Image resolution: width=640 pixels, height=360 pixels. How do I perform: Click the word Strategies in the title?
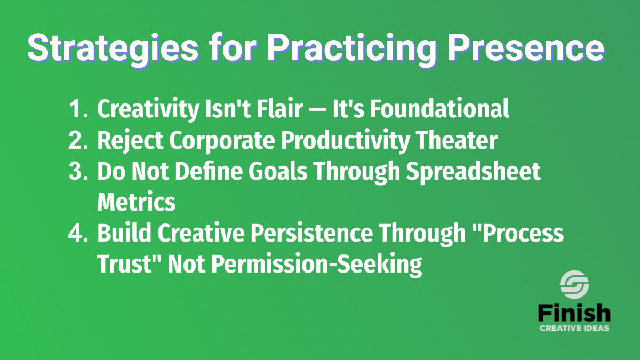(x=113, y=47)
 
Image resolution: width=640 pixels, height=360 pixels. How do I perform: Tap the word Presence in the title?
(x=526, y=47)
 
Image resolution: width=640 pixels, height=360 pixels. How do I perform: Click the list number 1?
(x=78, y=109)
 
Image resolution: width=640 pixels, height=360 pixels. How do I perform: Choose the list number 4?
(x=78, y=233)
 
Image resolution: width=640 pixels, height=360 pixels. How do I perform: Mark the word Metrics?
(x=137, y=202)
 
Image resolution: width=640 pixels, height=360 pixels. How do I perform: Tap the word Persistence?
(x=311, y=233)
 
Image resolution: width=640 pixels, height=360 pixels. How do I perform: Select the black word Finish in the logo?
(x=574, y=314)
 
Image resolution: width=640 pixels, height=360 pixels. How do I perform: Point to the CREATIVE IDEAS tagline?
(x=574, y=328)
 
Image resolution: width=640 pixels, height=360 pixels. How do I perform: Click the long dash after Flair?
(x=318, y=110)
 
